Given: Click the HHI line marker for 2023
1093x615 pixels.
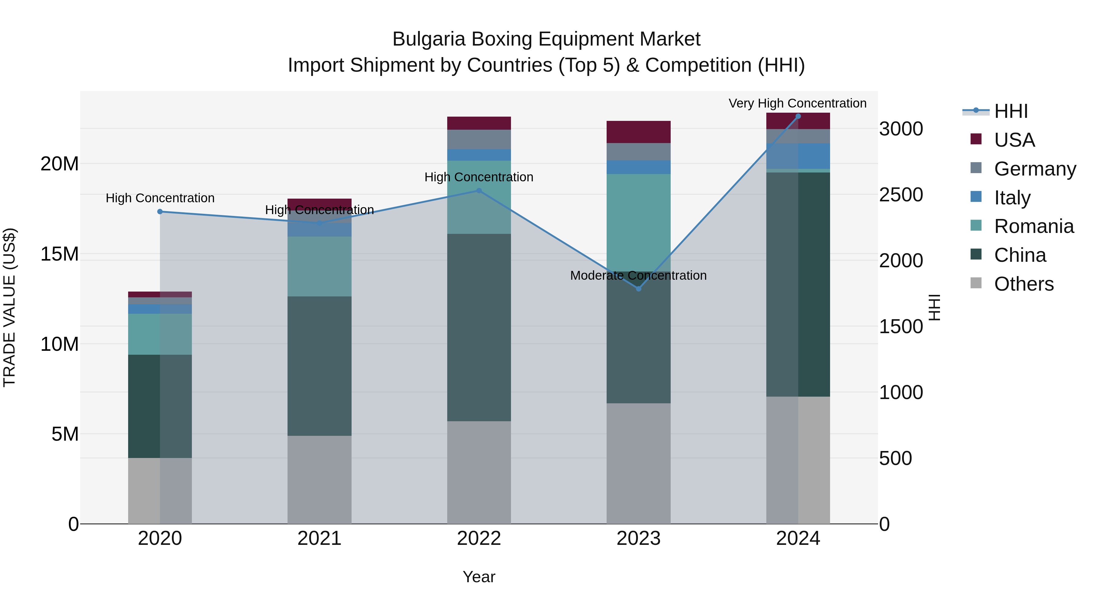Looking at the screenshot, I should pos(638,289).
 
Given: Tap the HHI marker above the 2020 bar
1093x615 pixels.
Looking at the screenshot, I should pos(160,211).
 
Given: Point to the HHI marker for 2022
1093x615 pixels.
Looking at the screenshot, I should pos(479,190).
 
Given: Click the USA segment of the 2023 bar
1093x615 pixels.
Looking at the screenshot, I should pos(638,132).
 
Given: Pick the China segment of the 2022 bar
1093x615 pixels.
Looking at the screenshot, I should pos(479,327).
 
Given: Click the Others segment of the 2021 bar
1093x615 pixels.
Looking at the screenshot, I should pos(319,480).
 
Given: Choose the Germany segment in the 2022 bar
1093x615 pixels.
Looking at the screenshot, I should pos(479,139).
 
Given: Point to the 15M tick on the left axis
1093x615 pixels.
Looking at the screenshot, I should pos(60,254).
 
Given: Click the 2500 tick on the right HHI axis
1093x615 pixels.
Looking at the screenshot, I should pos(901,195).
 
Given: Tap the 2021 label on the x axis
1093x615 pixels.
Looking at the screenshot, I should pos(319,538).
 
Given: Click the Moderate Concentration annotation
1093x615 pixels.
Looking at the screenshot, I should pos(638,275).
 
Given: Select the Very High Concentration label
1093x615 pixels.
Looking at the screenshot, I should pos(797,103).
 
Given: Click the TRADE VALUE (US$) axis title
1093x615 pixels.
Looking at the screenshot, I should pos(9,307).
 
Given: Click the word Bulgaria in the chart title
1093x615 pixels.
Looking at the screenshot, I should pos(429,39).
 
